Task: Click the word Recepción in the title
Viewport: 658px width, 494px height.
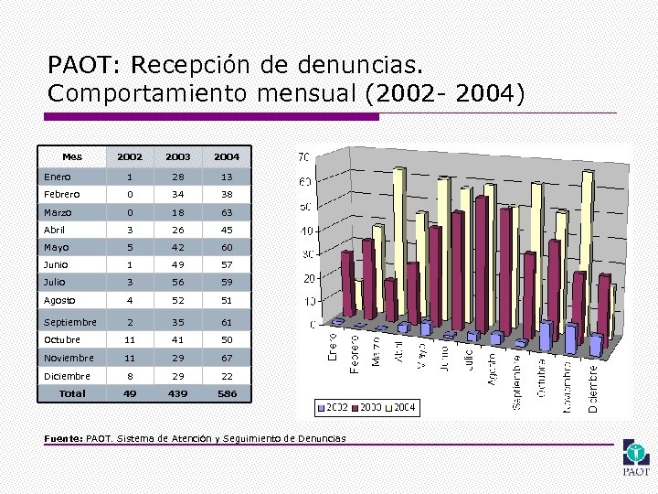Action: [206, 66]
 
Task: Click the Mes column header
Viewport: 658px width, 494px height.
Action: [71, 156]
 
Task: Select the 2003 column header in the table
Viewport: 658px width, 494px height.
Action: [178, 157]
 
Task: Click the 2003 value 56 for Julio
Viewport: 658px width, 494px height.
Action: [178, 283]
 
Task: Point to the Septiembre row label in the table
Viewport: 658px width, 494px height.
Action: [70, 322]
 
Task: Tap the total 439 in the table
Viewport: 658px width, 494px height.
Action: [178, 393]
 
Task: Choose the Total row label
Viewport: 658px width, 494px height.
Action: [72, 393]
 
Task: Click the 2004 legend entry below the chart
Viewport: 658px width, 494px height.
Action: [399, 405]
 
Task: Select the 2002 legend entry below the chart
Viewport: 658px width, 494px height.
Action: [332, 405]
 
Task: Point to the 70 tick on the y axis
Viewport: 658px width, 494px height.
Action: [304, 157]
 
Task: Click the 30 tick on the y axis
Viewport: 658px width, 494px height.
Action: [306, 253]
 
